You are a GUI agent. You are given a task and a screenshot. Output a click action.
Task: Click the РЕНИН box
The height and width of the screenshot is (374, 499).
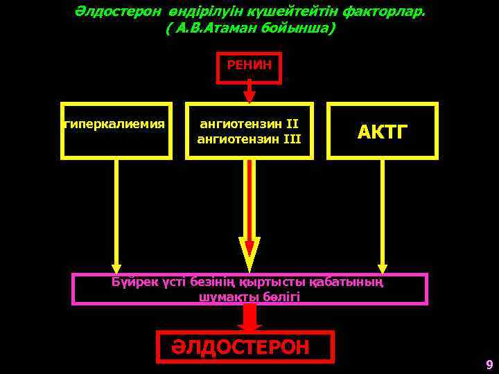coord(249,67)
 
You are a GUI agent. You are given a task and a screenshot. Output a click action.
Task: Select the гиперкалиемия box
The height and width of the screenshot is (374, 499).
coord(116,130)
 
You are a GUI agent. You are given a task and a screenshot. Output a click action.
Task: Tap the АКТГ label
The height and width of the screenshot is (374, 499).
coord(382,132)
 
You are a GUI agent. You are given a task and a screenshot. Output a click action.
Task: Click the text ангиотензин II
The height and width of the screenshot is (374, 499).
coord(249,125)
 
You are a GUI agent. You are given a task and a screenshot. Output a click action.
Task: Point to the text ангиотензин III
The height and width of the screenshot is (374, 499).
coord(249,139)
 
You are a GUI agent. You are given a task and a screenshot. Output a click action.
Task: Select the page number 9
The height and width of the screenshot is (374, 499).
coord(489,365)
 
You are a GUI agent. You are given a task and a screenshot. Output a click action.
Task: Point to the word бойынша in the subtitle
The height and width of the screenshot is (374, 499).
coord(299,29)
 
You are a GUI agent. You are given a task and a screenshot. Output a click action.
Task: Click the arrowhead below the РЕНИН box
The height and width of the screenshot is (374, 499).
coord(249,96)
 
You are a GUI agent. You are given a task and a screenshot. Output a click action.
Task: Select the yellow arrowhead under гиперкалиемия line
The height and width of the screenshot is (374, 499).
coord(116,267)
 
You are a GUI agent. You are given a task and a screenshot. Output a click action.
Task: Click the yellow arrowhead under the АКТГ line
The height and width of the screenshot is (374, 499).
coord(382,267)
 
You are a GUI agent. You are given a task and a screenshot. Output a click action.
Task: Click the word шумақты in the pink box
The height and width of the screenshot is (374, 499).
coord(223,296)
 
